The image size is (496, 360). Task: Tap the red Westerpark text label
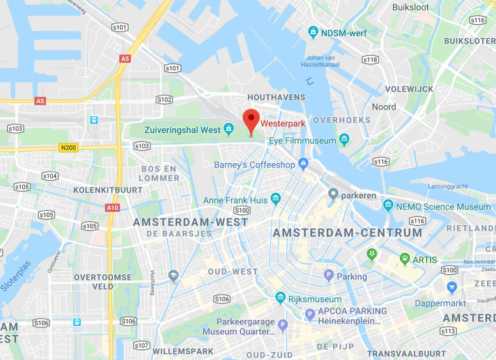point(283,124)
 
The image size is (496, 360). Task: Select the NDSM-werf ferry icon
point(313,32)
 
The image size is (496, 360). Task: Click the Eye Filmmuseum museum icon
point(344,140)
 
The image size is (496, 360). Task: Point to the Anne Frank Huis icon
point(276,198)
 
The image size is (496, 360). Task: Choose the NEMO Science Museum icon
point(388,205)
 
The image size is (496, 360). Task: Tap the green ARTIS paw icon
point(405,259)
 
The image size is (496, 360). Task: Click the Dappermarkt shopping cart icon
point(452,287)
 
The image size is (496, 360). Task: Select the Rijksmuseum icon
point(280,298)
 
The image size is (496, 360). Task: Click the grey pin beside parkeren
point(333,195)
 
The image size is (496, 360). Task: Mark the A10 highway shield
point(111,207)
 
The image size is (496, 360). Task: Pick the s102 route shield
point(164,99)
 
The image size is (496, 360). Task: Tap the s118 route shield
point(370,60)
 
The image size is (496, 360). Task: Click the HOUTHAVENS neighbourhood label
point(276,97)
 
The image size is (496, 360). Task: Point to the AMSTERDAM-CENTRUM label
point(347,233)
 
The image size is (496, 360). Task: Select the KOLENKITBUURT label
point(108,190)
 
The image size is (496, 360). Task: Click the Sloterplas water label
point(16,277)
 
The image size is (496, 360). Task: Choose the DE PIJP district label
point(336,346)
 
